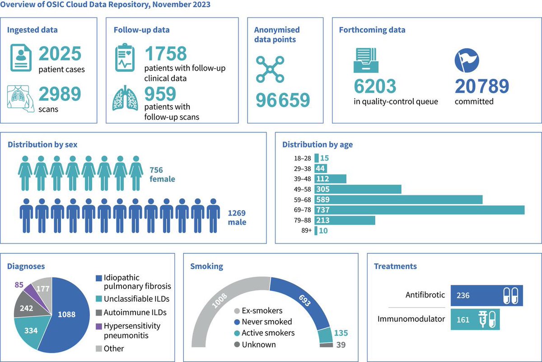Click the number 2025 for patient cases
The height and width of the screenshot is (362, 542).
(60, 54)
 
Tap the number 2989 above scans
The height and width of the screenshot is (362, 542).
(60, 94)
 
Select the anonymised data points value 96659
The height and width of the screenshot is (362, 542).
(283, 101)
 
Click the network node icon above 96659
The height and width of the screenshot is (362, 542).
(270, 69)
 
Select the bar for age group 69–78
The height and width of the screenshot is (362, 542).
(419, 210)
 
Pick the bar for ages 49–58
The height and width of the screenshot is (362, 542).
(358, 189)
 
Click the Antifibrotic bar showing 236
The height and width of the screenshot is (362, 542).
(486, 296)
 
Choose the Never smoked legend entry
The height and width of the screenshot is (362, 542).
(262, 322)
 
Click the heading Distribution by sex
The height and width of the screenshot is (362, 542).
(42, 145)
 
